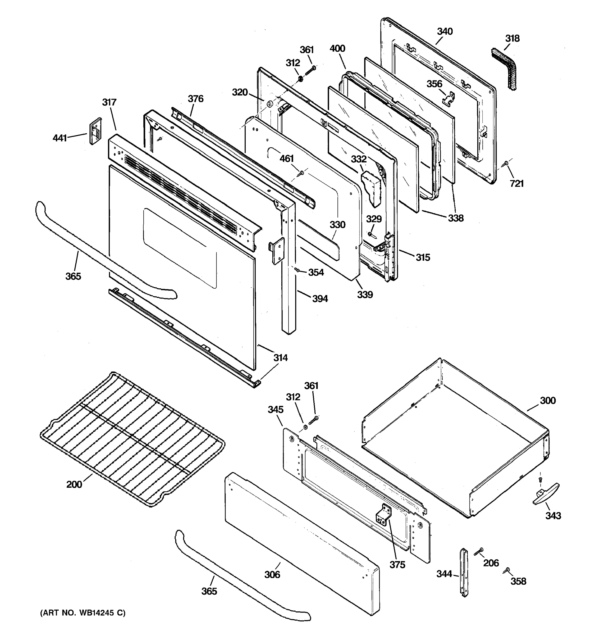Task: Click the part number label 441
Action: click(x=60, y=138)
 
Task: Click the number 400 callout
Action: click(x=337, y=49)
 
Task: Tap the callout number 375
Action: click(x=397, y=565)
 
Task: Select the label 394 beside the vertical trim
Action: click(x=320, y=299)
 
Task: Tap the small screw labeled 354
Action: click(x=296, y=270)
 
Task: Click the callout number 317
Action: click(x=109, y=102)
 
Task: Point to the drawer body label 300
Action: click(x=548, y=401)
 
